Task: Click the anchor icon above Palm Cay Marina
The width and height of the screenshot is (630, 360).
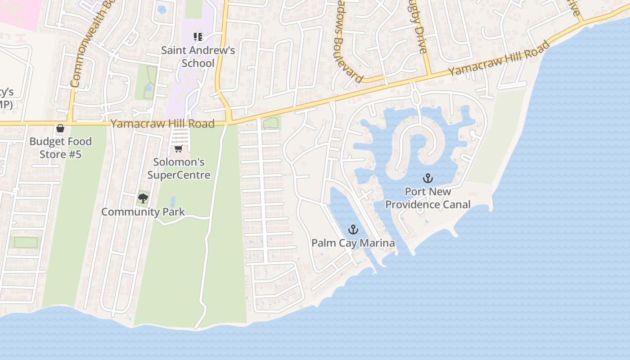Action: coord(353,230)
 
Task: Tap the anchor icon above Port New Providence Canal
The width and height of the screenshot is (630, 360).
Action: coord(427,178)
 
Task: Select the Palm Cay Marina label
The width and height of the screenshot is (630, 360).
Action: coord(353,243)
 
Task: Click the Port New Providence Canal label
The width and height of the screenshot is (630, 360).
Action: coord(427,198)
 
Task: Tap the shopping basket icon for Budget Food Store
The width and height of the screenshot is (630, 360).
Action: coord(60,129)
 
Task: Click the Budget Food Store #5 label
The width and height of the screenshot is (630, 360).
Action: coord(60,148)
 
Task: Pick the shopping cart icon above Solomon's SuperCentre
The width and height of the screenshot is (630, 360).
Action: coord(178,149)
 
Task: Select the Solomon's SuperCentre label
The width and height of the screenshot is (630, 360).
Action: coord(179,168)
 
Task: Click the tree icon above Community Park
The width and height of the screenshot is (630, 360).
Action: coord(143,198)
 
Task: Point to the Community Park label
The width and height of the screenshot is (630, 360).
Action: coord(143,211)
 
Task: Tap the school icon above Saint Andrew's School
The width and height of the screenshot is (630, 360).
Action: coord(198,37)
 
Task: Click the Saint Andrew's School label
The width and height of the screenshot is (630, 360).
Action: coord(198,57)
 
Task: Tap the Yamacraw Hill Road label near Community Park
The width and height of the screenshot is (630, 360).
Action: coord(162,123)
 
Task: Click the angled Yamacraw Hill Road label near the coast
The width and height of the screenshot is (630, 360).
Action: coord(499,58)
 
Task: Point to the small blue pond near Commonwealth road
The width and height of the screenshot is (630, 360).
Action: coord(162,9)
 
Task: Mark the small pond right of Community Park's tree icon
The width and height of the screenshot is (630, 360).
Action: coord(173,201)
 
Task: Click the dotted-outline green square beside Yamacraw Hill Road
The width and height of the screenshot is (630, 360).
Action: coord(270,122)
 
